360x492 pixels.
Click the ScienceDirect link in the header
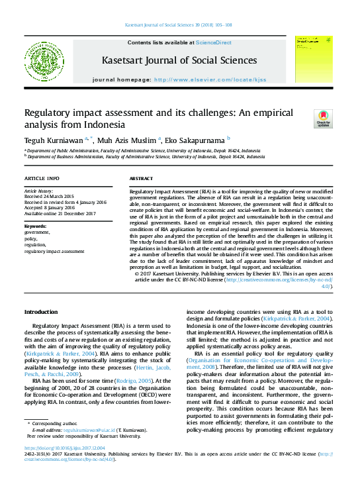point(213,42)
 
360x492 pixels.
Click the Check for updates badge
point(324,119)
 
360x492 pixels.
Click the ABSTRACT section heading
point(141,179)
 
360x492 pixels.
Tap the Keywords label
point(35,226)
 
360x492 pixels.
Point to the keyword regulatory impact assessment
point(54,252)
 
